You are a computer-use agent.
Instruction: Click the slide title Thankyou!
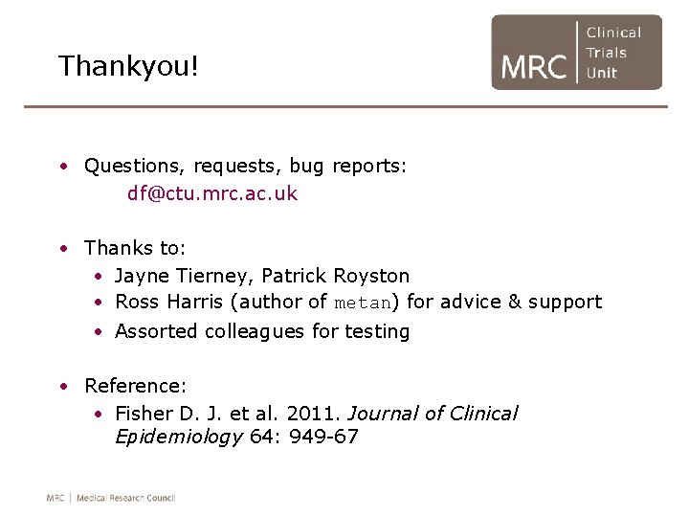click(127, 66)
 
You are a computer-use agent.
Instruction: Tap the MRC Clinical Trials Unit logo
click(576, 53)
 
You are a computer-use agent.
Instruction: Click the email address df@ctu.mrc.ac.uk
click(212, 193)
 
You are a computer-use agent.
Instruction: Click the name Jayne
click(141, 276)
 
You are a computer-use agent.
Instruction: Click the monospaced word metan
click(363, 303)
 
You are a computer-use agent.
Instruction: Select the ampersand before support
click(514, 303)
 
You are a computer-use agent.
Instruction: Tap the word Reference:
click(135, 386)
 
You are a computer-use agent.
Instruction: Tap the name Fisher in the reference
click(144, 414)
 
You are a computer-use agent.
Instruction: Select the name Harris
click(195, 303)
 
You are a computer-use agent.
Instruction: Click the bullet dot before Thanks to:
click(62, 249)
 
